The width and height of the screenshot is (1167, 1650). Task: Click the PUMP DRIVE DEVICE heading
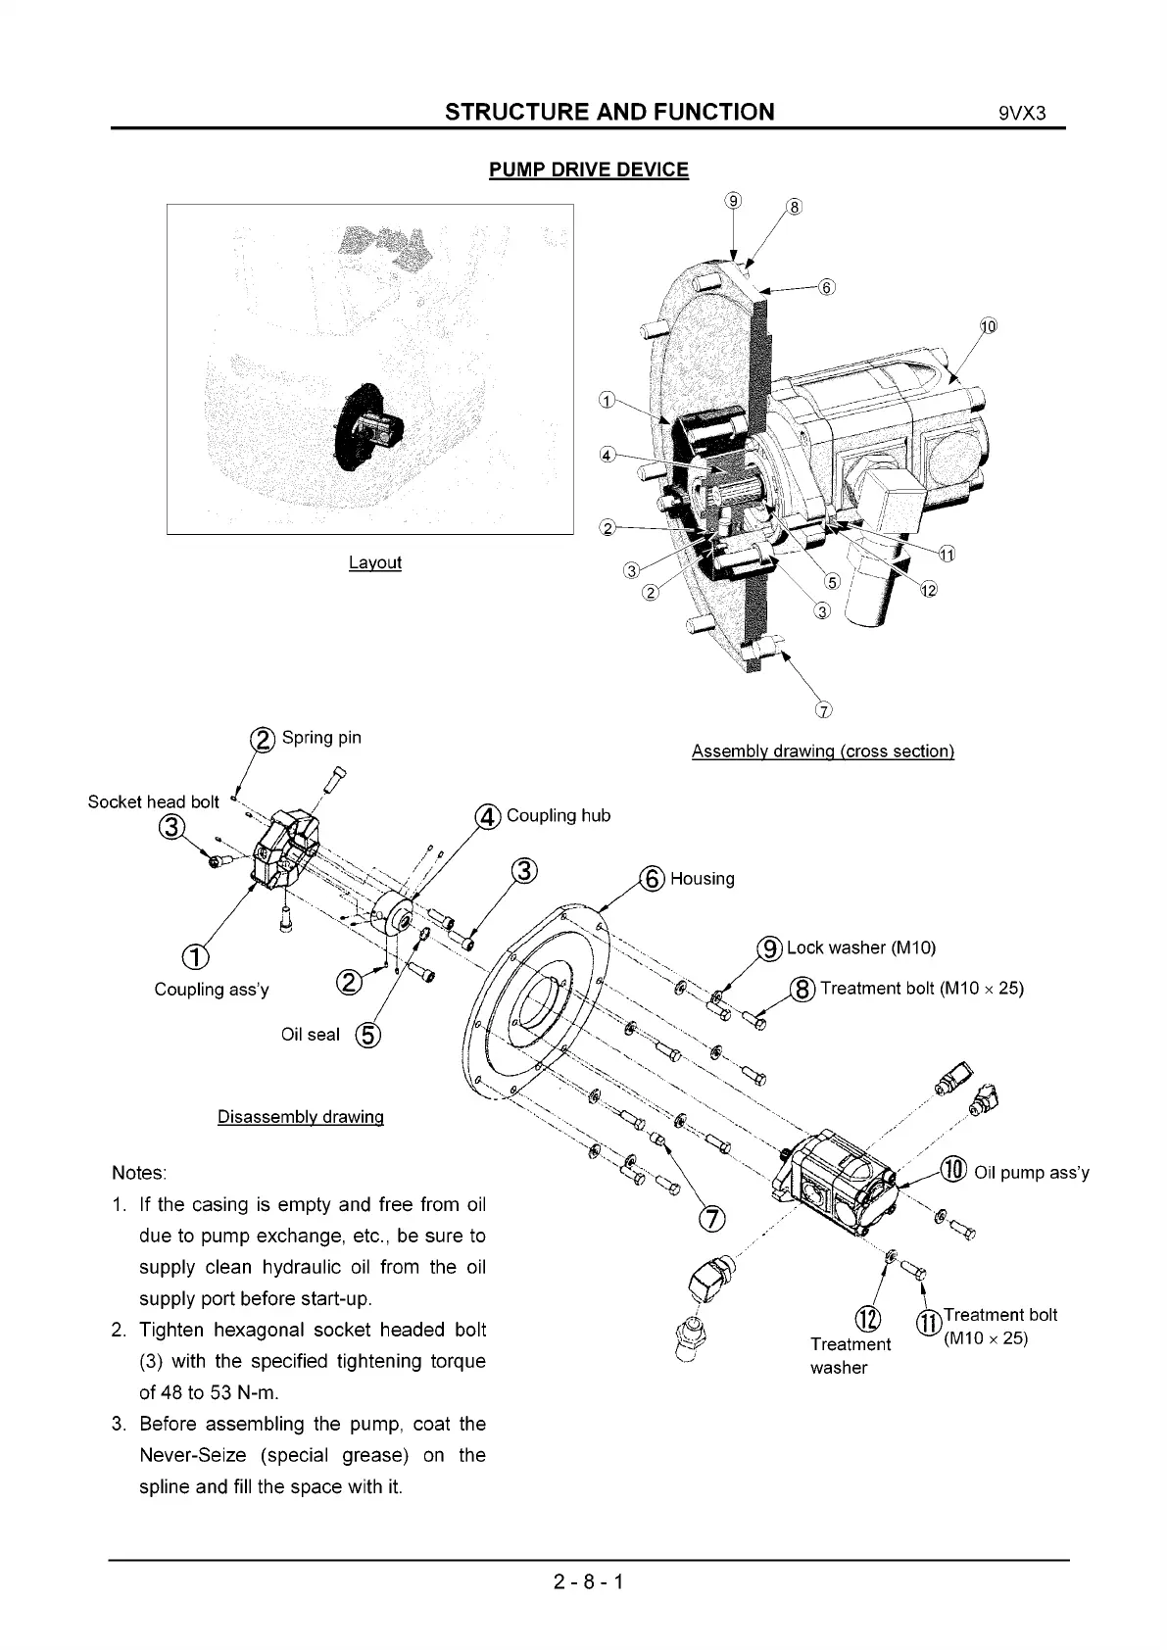click(588, 170)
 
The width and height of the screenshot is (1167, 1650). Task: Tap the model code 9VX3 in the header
click(1023, 113)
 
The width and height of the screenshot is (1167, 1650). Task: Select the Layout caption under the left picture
click(374, 562)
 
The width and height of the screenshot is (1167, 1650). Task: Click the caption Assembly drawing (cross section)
click(822, 752)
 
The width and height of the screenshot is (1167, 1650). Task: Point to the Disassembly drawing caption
click(300, 1117)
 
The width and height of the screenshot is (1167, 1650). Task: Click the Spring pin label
click(321, 738)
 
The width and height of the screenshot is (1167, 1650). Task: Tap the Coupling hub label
click(558, 816)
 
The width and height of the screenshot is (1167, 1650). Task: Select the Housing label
click(702, 879)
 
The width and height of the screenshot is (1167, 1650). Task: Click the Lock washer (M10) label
click(861, 947)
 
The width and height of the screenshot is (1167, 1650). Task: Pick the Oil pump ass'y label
click(1031, 1173)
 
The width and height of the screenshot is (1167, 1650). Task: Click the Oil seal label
click(310, 1035)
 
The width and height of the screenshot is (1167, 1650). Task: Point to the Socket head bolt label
click(153, 801)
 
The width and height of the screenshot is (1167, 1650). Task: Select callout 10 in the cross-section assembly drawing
click(987, 326)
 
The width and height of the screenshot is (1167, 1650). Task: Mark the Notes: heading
click(139, 1173)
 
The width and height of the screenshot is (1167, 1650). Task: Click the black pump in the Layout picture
click(365, 428)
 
